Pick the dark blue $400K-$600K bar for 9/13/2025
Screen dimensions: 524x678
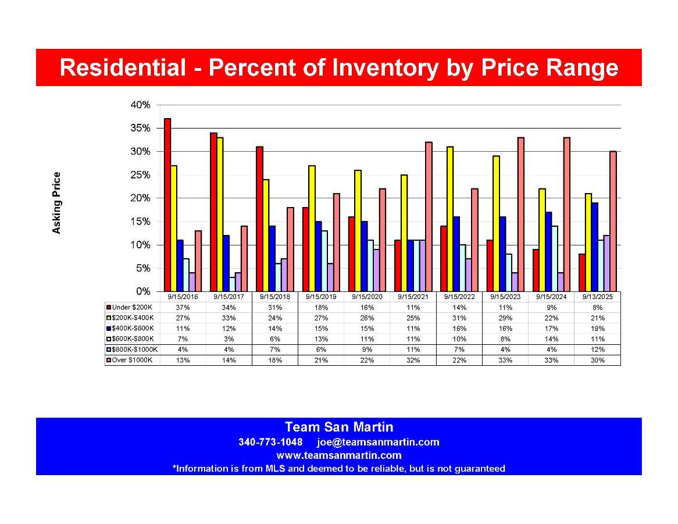pos(595,247)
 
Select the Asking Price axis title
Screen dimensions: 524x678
pos(56,203)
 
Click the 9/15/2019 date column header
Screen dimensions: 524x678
pos(321,296)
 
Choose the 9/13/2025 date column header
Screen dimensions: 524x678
pos(597,296)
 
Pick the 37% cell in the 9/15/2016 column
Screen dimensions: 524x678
pos(183,307)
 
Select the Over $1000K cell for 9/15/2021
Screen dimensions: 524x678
pos(413,361)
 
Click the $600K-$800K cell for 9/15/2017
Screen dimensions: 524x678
pos(229,339)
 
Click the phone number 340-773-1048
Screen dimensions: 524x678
pos(270,442)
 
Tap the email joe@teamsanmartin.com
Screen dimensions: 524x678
pos(378,442)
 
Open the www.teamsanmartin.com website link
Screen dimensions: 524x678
pos(338,455)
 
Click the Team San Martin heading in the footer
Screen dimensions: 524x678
pos(338,427)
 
